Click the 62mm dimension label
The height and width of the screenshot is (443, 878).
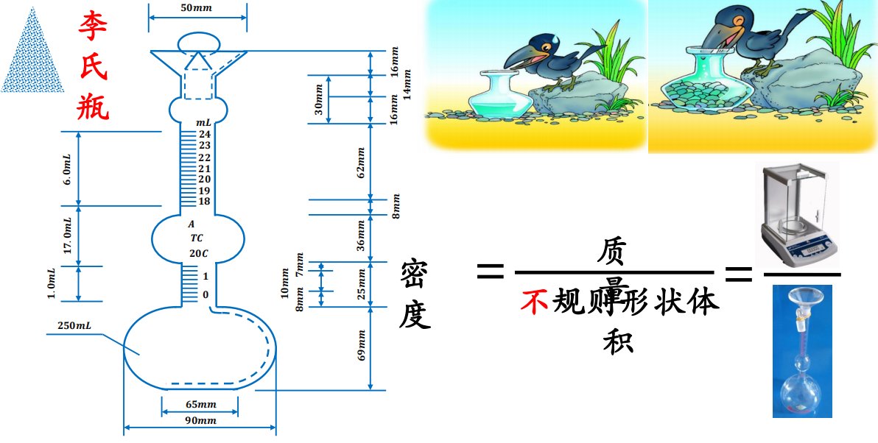(361, 163)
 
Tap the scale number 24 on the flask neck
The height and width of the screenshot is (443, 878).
(204, 134)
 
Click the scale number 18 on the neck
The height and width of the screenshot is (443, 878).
(204, 202)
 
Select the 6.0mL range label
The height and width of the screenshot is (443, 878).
(67, 169)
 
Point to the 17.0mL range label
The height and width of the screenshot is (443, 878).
(67, 236)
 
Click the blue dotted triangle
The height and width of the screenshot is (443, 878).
(30, 52)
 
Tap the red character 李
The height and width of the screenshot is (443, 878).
(94, 26)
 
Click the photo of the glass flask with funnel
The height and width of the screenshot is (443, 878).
(805, 352)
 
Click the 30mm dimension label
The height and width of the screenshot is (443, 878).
(319, 99)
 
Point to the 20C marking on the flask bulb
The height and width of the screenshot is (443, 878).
(198, 254)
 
